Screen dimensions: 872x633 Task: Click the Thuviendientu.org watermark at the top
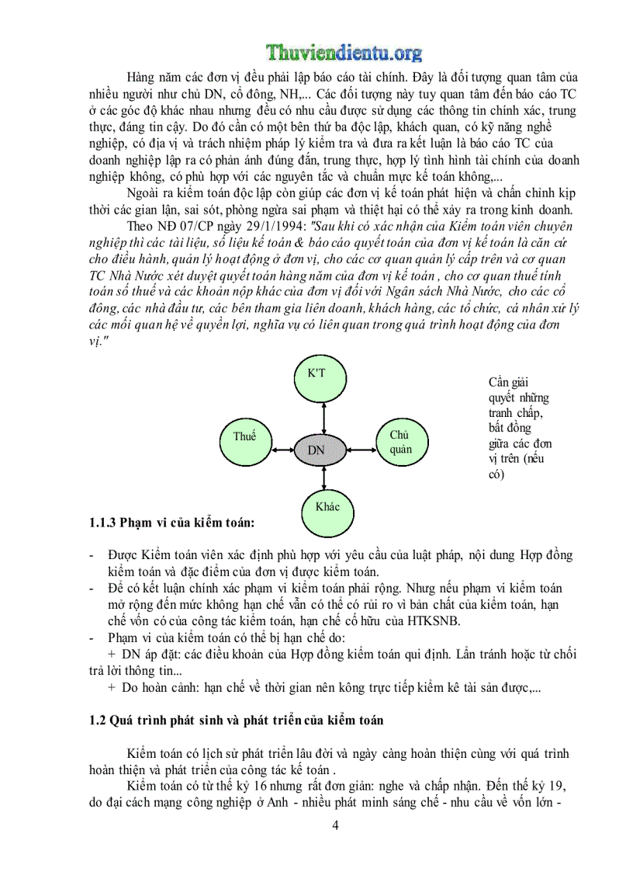[344, 52]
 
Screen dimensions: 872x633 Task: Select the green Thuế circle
[244, 437]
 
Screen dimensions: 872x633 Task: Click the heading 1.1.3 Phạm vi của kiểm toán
[171, 523]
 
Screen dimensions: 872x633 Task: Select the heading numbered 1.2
[236, 720]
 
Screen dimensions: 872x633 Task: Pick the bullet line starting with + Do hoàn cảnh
[318, 686]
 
